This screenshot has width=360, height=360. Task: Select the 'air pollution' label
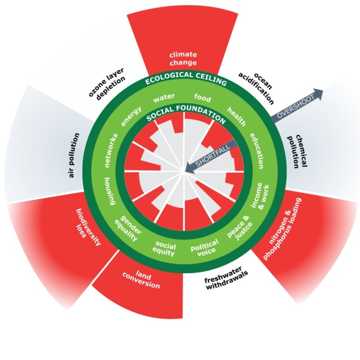click(x=74, y=155)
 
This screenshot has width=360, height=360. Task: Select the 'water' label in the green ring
click(x=161, y=98)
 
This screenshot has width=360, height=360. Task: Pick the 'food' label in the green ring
click(x=202, y=97)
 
